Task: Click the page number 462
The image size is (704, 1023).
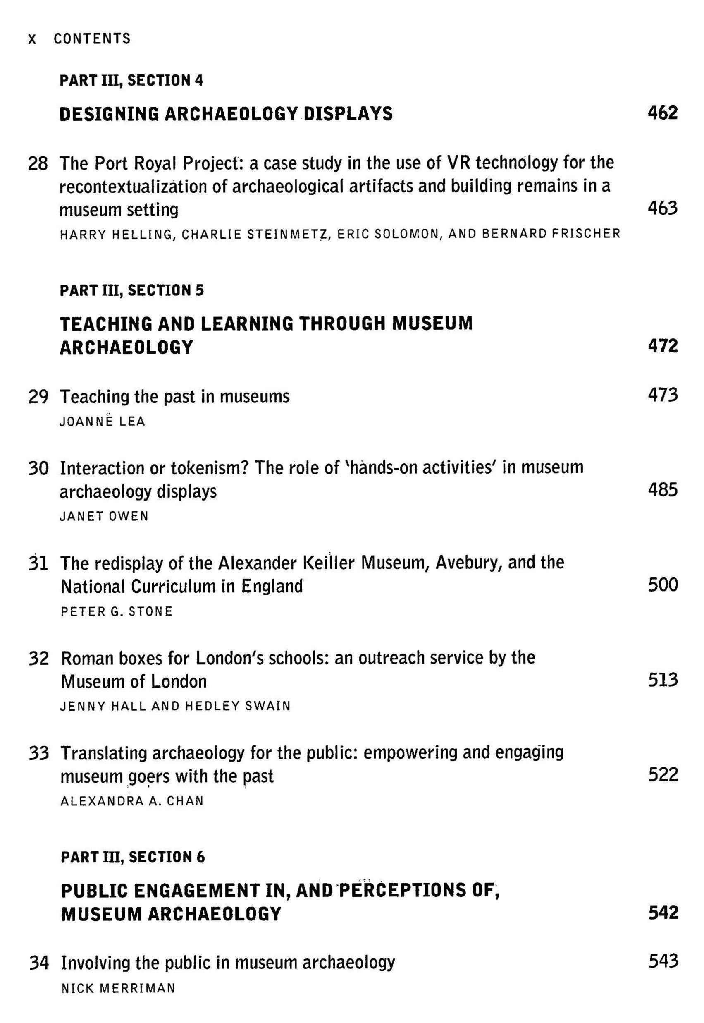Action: click(662, 113)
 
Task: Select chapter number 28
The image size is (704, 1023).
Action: click(38, 164)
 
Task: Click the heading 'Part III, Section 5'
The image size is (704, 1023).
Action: click(132, 290)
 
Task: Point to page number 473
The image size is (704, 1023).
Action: click(662, 395)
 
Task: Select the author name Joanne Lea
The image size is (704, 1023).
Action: click(103, 422)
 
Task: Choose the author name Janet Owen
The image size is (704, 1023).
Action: click(104, 516)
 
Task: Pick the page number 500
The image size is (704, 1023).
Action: click(663, 585)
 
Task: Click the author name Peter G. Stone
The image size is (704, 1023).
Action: click(117, 611)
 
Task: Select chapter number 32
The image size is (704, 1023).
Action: click(38, 659)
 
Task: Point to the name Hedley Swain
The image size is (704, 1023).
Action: click(238, 706)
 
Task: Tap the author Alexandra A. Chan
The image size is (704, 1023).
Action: click(132, 801)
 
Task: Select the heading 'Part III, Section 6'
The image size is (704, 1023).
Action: click(133, 857)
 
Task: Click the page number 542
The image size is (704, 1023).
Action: click(663, 913)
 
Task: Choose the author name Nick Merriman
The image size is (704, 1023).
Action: click(118, 988)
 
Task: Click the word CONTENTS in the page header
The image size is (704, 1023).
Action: click(92, 39)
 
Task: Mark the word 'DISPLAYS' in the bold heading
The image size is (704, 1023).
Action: click(348, 114)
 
